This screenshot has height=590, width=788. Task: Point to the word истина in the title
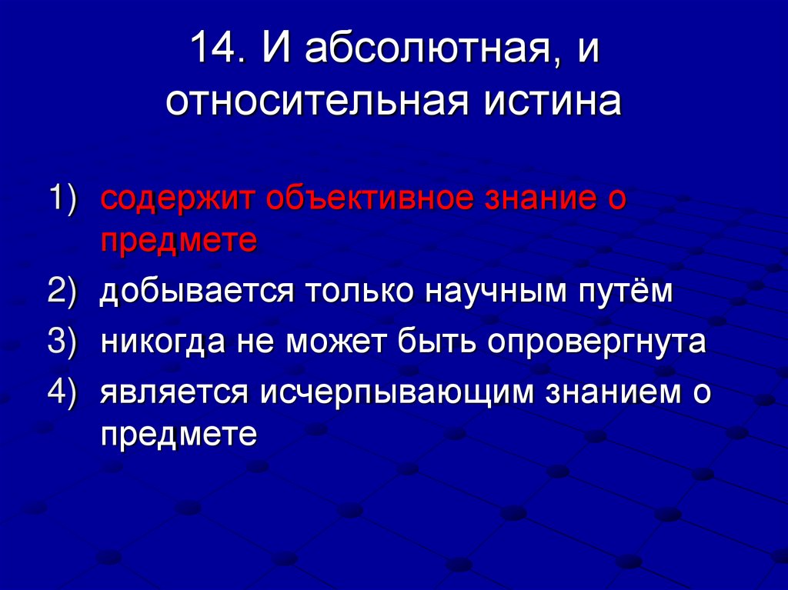pyautogui.click(x=552, y=102)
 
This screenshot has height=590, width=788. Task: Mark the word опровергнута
pyautogui.click(x=596, y=343)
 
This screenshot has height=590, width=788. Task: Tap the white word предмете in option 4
pyautogui.click(x=178, y=435)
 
